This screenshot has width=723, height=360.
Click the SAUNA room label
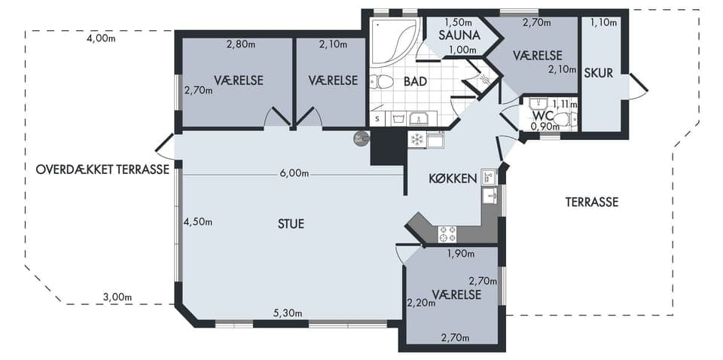point(459,35)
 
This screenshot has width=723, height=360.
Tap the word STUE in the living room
point(291,224)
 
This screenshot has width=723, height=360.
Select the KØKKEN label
point(453,178)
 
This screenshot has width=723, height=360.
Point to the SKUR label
point(599,73)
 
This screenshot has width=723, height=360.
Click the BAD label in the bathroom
point(415,81)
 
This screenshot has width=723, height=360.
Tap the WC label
point(541,115)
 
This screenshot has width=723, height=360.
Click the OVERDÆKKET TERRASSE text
point(102,169)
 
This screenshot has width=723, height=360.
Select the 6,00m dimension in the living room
point(294,173)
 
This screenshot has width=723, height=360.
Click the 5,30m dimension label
point(287,313)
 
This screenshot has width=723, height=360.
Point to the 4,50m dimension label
point(198,221)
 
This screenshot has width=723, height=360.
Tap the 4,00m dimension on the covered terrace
point(101,38)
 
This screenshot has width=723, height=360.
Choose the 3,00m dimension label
point(117,297)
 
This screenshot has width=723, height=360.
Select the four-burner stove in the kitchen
point(447,233)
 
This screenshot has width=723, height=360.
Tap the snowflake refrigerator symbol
point(416,139)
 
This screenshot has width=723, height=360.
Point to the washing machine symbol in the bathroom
point(398,119)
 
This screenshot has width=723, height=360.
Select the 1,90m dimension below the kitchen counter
point(462,253)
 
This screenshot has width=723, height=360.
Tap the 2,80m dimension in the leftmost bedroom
point(241,44)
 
